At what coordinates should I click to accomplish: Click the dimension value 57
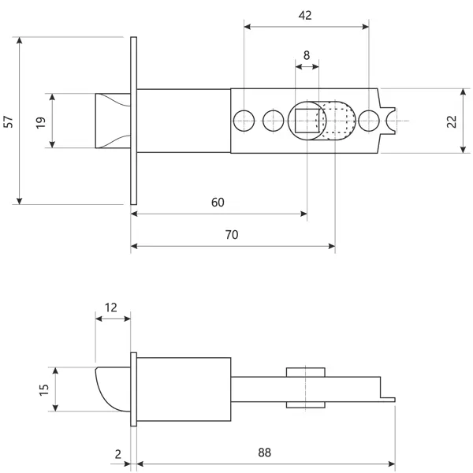click(9, 121)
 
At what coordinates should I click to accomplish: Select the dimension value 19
click(41, 122)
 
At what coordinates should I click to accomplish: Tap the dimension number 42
click(305, 16)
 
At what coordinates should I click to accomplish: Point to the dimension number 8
click(307, 55)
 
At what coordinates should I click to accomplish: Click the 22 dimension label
click(452, 121)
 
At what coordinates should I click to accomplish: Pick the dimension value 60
click(218, 203)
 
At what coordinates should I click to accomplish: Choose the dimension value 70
click(232, 235)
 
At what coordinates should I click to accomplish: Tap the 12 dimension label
click(110, 307)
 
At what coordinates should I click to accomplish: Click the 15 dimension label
click(44, 389)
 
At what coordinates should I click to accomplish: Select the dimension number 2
click(118, 454)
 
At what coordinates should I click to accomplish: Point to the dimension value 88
click(265, 453)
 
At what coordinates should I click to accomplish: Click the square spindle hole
click(307, 121)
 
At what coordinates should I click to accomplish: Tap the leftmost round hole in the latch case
click(244, 121)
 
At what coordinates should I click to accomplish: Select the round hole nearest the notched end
click(369, 121)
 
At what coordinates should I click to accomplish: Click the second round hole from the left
click(274, 121)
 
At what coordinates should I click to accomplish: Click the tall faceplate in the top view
click(134, 121)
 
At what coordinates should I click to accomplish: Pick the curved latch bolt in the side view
click(113, 389)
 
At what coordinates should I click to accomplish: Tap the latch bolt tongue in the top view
click(113, 121)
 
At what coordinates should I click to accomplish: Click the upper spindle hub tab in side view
click(306, 372)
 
